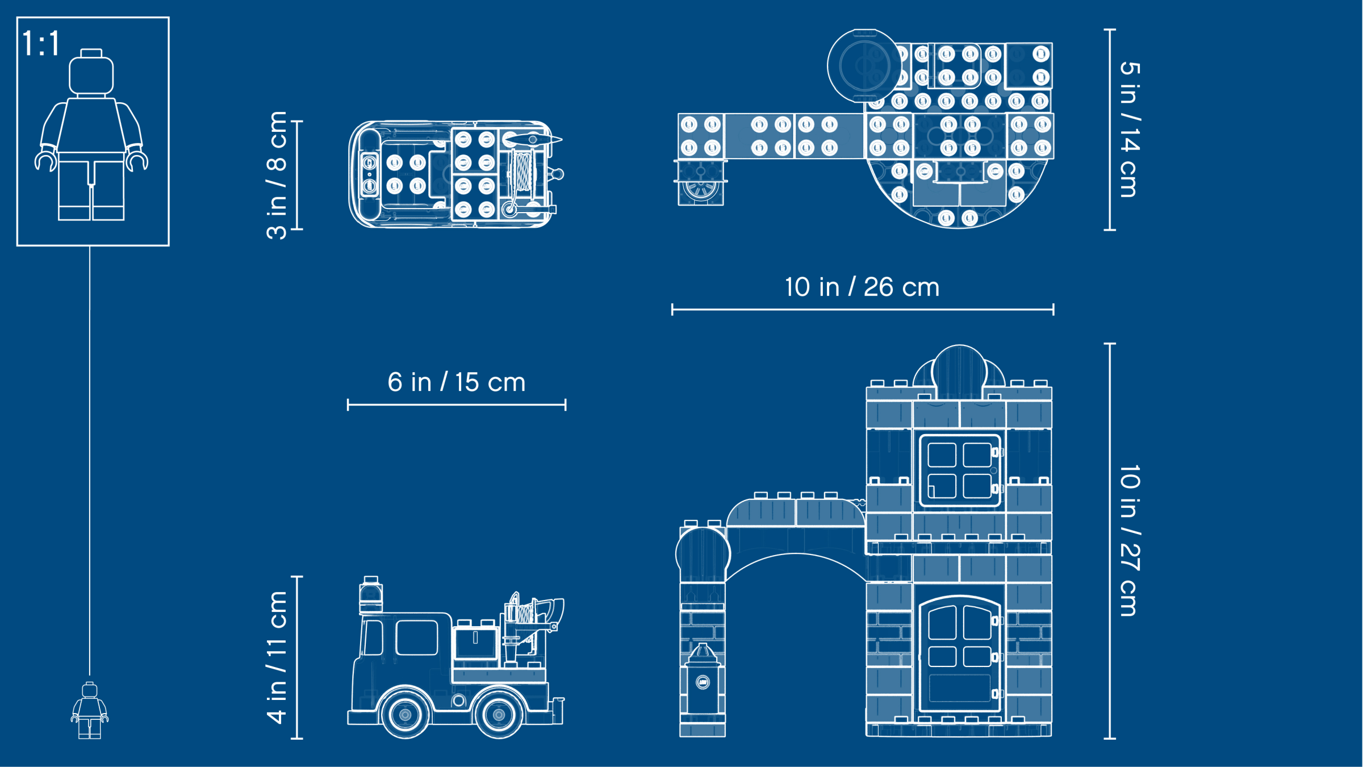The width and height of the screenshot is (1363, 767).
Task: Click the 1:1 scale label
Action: click(41, 43)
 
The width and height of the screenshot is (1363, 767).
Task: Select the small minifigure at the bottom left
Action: click(90, 710)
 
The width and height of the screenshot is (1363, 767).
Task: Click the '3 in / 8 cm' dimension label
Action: click(277, 175)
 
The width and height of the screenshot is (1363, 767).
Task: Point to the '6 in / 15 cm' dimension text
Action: click(457, 382)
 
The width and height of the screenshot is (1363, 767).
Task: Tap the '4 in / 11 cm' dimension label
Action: click(277, 657)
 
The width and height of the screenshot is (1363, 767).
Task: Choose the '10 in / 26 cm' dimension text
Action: click(862, 287)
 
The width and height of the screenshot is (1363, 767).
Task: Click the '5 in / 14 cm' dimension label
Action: click(1130, 130)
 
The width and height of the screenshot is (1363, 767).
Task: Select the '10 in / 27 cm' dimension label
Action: click(1130, 540)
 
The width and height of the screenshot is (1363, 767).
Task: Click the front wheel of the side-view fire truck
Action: click(405, 714)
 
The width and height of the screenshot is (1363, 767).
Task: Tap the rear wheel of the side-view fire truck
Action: click(499, 714)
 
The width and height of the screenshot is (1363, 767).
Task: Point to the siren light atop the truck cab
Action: click(371, 595)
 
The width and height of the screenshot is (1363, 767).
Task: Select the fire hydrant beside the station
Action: click(703, 678)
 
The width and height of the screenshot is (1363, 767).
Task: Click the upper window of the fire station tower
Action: click(960, 470)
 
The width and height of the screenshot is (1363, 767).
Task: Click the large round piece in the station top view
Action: click(864, 66)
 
